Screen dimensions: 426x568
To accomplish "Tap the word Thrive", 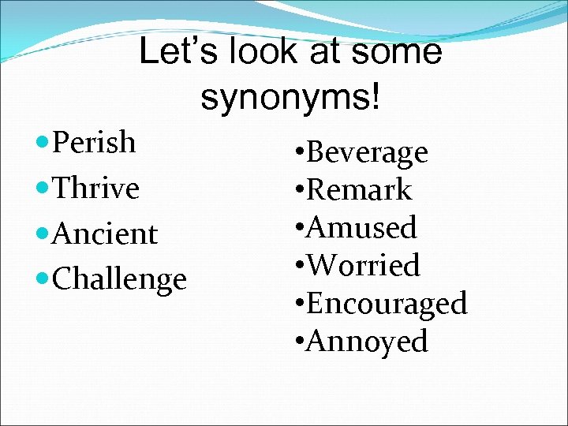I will tap(95, 189).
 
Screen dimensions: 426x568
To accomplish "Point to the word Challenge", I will tap(119, 280).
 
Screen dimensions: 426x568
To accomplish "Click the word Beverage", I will tap(367, 152).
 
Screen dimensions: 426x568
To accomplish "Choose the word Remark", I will tap(359, 190).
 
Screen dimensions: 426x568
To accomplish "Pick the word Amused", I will tap(361, 228).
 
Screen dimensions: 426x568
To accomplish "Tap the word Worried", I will tap(364, 266).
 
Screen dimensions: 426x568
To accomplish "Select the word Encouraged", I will tap(387, 304).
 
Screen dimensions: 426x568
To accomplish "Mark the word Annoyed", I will tap(367, 342).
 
